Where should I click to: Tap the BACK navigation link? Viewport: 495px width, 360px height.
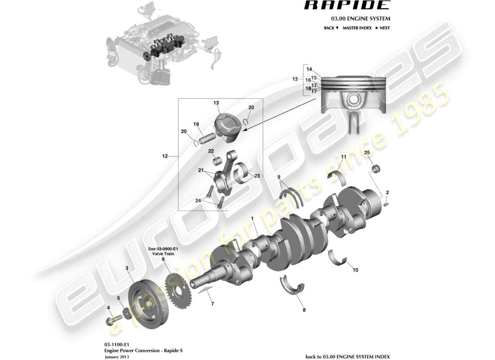click(331, 28)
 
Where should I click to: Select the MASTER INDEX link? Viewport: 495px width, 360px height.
click(357, 28)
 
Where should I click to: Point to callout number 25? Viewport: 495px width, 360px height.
click(367, 153)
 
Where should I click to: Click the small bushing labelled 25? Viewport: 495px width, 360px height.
click(376, 170)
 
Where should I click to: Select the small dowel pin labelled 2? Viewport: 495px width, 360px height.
click(387, 205)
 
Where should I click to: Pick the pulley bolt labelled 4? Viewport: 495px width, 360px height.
click(110, 321)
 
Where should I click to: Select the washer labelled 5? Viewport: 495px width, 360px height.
click(127, 313)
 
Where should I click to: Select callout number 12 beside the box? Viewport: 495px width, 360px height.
click(165, 157)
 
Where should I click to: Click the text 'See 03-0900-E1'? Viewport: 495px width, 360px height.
click(163, 248)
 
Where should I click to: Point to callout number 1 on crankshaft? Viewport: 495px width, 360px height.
click(252, 219)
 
